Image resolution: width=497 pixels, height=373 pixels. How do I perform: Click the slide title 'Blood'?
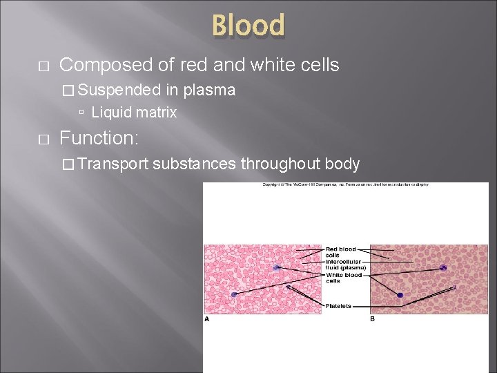248,26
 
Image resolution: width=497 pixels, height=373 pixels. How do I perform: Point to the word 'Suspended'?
121,90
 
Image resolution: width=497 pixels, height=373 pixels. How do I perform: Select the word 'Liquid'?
112,112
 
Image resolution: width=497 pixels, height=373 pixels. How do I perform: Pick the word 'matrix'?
156,112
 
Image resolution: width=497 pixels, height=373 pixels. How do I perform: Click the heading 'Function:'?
99,138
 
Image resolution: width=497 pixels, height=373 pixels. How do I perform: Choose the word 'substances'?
195,164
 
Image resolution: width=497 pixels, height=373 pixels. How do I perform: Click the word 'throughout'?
281,164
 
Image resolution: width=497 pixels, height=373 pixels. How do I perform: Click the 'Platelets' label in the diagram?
338,306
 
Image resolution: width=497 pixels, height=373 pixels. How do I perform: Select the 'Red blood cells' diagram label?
341,251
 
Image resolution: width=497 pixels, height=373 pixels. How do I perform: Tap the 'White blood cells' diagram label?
343,278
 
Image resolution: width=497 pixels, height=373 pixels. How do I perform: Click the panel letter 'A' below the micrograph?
207,319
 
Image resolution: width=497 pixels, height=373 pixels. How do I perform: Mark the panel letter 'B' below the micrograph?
373,319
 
